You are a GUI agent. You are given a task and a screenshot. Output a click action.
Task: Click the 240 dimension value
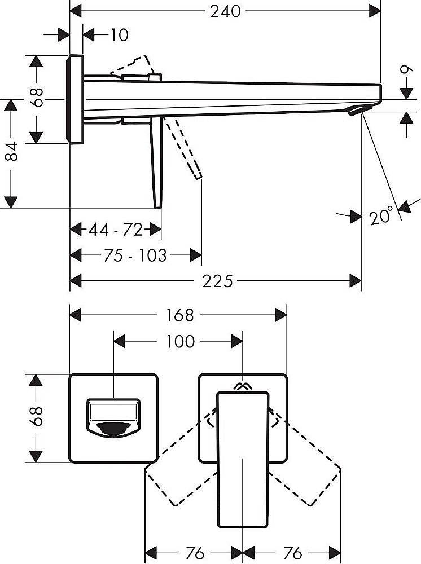coord(226,11)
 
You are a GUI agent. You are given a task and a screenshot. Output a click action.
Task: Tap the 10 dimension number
coord(119,36)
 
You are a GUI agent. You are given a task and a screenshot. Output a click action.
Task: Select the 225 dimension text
coord(217,280)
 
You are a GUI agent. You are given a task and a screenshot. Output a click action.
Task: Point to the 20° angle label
coord(382,216)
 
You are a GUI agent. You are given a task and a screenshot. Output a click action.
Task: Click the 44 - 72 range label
coord(116,230)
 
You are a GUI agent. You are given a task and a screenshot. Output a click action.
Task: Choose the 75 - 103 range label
coord(135,255)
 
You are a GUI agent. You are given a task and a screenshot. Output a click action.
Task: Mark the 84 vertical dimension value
coord(12,153)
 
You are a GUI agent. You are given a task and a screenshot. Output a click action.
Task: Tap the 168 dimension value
coord(179,315)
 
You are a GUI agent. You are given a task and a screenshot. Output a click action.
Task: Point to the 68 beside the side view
coord(37,98)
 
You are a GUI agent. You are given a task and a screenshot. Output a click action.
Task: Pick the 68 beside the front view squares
coord(37,417)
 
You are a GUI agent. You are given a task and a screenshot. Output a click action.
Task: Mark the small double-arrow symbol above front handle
coord(243,386)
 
